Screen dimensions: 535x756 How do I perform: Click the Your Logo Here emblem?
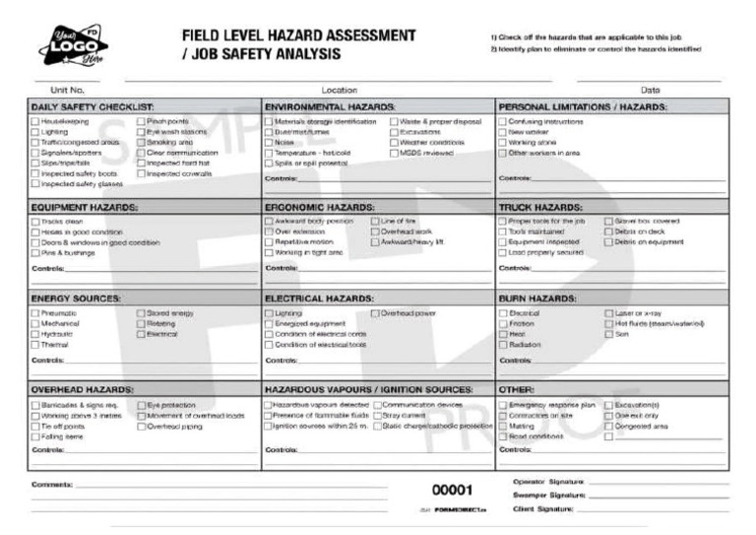pos(74,45)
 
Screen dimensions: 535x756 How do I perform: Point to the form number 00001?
pos(453,490)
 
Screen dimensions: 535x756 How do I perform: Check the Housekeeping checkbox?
pos(35,122)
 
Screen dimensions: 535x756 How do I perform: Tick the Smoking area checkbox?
pos(141,142)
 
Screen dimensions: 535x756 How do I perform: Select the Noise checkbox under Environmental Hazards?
pos(269,142)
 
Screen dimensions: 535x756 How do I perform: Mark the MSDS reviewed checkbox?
pos(395,153)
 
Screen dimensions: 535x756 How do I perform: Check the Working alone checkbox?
pos(503,142)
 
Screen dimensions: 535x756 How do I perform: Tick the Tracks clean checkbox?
pos(35,222)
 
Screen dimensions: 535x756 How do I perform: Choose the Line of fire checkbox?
pos(375,222)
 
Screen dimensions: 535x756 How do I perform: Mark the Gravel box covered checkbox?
pos(608,222)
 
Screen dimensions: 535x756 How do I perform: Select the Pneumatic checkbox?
pos(35,313)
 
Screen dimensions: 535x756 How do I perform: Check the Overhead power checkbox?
pos(375,313)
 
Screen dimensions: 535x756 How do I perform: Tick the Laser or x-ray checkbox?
pos(608,313)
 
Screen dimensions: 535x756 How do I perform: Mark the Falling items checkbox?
pos(35,436)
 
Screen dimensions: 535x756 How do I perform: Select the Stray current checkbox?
pos(375,416)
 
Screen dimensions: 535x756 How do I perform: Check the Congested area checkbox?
pos(608,427)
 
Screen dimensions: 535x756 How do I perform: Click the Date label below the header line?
pos(650,90)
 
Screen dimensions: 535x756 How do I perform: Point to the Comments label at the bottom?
pos(51,485)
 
